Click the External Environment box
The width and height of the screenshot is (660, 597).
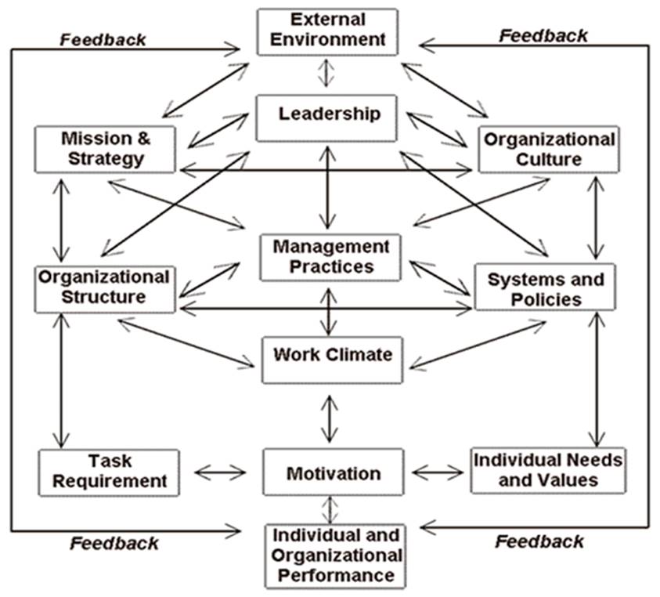pos(327,32)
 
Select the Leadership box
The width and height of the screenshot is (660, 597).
pos(326,118)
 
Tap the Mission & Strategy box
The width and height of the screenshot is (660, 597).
pos(105,149)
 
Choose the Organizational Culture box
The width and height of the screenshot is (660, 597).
pos(549,149)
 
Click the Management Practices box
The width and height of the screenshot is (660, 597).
pos(330,258)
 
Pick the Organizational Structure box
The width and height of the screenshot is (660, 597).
pos(105,289)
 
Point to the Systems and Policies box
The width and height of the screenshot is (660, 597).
pos(545,287)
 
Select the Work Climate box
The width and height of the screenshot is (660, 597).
pos(333,360)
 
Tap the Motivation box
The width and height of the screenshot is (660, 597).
pos(334,472)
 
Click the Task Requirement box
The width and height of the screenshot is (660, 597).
pos(109,472)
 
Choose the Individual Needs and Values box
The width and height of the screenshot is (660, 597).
pos(548,470)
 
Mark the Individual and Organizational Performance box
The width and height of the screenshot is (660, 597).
pos(335,556)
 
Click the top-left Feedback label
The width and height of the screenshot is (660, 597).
pos(103,40)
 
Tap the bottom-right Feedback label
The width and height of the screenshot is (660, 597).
pos(539,542)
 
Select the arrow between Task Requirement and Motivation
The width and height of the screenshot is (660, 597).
pos(220,472)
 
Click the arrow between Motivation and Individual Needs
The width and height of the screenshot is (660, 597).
pos(438,472)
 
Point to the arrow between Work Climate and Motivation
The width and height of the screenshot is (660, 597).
pos(329,419)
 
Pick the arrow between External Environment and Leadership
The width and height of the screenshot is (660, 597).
pos(326,73)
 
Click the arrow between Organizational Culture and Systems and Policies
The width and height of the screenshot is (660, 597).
pos(595,217)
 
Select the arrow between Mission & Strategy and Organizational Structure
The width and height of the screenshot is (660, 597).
pos(61,220)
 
